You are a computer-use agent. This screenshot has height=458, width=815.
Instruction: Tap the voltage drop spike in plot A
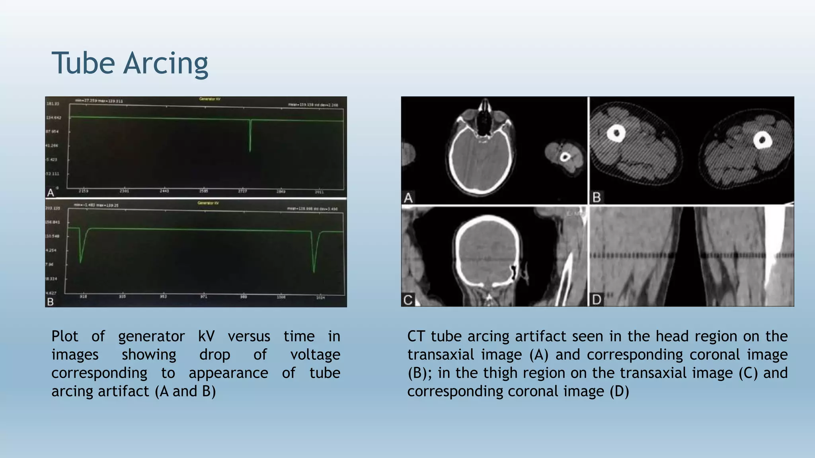(x=250, y=137)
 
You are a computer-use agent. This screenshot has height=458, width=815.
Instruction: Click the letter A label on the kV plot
(x=51, y=193)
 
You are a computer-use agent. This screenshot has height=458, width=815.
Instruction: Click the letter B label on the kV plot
(x=51, y=302)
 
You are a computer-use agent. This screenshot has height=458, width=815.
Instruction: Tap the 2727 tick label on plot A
(x=242, y=191)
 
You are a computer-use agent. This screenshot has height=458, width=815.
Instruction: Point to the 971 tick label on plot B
(x=203, y=297)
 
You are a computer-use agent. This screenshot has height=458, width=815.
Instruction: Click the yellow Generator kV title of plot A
(x=210, y=99)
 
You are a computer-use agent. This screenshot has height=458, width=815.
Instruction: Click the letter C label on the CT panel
(x=408, y=300)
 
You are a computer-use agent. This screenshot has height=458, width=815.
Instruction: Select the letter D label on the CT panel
(x=597, y=299)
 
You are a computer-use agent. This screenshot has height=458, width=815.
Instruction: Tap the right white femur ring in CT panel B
(x=762, y=140)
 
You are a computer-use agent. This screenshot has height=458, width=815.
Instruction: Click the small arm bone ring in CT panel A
(x=565, y=157)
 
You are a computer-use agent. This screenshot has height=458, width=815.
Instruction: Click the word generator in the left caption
(x=151, y=337)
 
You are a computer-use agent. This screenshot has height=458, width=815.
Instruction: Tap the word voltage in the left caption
(x=315, y=355)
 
